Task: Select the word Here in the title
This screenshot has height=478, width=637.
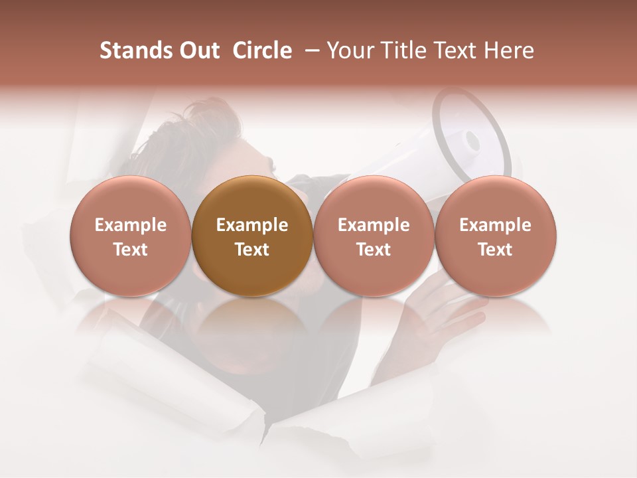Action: [509, 50]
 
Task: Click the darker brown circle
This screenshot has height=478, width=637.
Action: [252, 236]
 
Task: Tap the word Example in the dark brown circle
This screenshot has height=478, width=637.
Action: [252, 225]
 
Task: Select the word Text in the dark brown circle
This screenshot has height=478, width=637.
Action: [252, 250]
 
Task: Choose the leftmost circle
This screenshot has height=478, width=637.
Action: [131, 236]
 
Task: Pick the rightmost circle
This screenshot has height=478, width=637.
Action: [496, 236]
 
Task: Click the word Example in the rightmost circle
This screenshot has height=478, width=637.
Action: [496, 225]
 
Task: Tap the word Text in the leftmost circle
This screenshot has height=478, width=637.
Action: [131, 250]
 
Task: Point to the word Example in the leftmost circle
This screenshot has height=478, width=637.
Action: [131, 225]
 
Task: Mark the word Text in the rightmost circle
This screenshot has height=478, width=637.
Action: [496, 250]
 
